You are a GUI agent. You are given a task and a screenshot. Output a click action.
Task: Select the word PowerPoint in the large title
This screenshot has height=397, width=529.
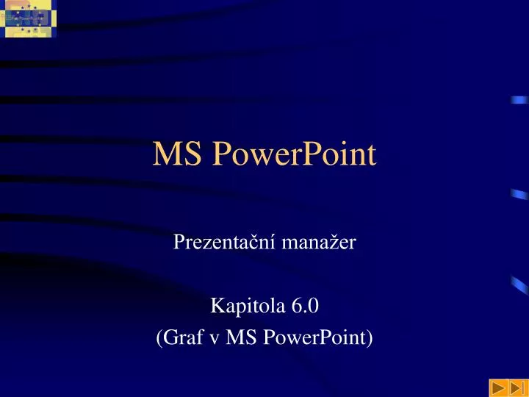pyautogui.click(x=293, y=156)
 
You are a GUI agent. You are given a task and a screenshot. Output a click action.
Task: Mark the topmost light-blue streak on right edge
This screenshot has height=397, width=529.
pyautogui.click(x=519, y=100)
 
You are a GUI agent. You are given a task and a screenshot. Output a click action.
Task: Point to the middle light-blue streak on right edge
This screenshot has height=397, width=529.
pyautogui.click(x=519, y=195)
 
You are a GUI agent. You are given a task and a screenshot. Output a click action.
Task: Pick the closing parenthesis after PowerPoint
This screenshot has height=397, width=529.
pyautogui.click(x=370, y=338)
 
